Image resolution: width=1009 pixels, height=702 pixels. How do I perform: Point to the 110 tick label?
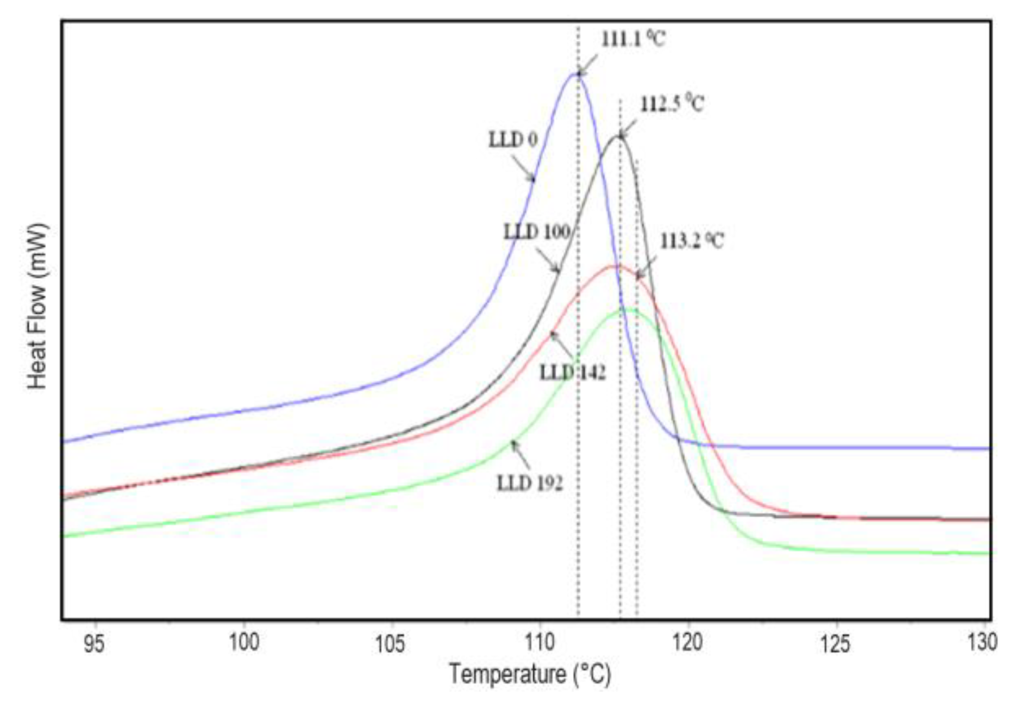[x=540, y=643]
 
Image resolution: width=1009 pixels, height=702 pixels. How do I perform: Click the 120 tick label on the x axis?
[x=687, y=643]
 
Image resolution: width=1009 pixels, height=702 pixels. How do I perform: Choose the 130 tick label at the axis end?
[x=982, y=643]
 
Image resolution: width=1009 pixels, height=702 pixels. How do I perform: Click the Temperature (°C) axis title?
[x=530, y=674]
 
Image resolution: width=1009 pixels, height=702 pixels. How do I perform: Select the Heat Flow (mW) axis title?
[x=37, y=306]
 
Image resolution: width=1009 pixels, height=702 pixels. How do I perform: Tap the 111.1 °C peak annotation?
[x=632, y=39]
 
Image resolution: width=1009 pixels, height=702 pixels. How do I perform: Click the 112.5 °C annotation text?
[x=672, y=103]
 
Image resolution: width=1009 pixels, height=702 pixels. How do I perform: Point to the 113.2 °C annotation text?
[x=692, y=241]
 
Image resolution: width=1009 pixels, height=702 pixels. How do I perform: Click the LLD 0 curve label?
[x=512, y=140]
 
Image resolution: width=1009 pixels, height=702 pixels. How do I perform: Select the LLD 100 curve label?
[x=536, y=232]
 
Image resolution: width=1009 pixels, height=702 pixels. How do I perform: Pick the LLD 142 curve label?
[x=572, y=373]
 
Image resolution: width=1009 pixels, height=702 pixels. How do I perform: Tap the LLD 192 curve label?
[x=530, y=482]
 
